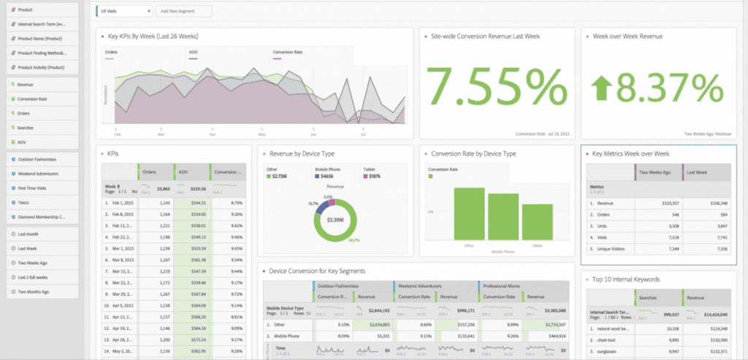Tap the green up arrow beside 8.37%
(603, 88)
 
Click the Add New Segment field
(183, 11)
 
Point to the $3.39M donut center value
(335, 220)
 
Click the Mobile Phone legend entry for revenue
(326, 176)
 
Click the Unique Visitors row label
(612, 249)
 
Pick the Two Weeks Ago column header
(655, 172)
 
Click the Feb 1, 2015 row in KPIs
(117, 202)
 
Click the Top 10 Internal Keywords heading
(626, 279)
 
